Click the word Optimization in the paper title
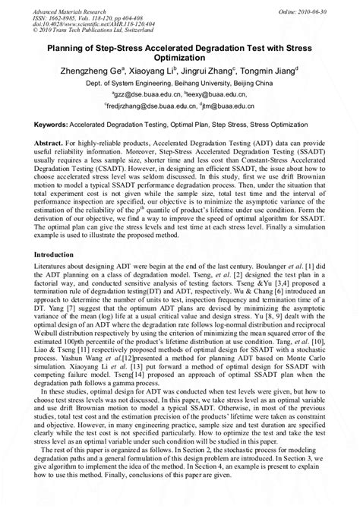click(x=181, y=56)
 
